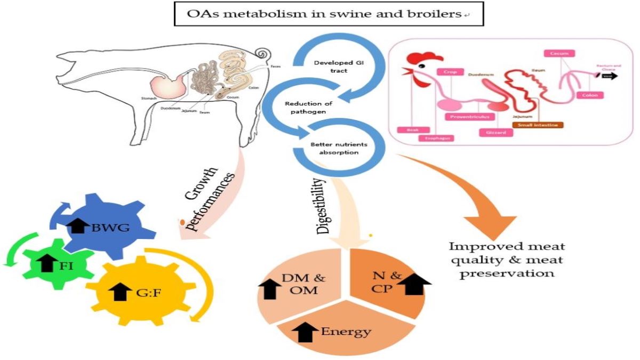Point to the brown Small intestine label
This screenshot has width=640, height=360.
click(538, 125)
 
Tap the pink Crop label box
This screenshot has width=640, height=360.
click(450, 71)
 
